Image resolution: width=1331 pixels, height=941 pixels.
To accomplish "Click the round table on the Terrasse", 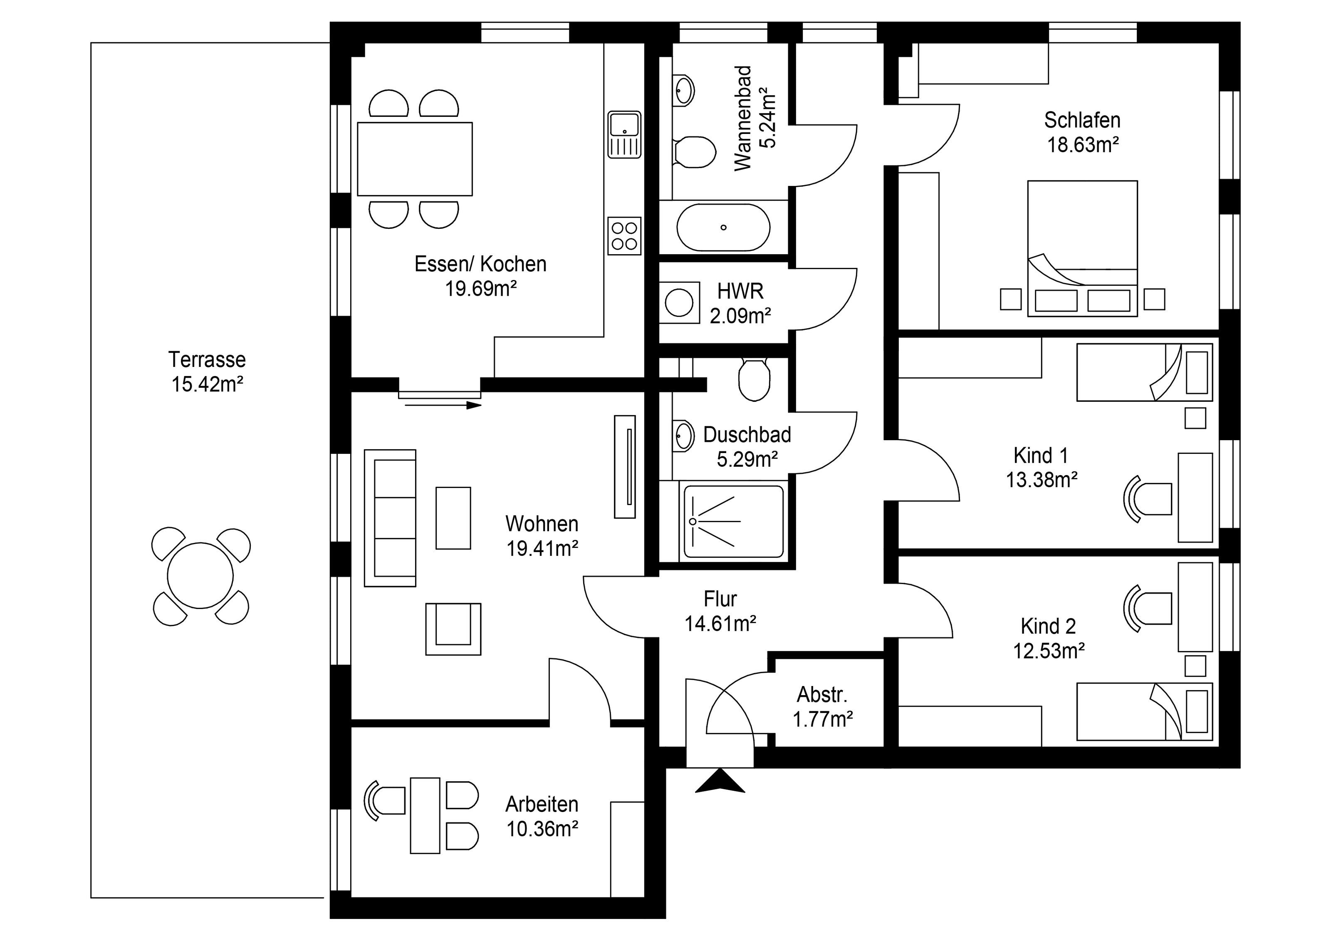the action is (200, 576).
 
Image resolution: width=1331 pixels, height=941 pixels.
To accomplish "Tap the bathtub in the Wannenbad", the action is (723, 227).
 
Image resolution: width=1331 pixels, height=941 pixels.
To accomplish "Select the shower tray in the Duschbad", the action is (733, 521).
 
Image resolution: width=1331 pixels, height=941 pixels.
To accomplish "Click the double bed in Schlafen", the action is (1082, 249).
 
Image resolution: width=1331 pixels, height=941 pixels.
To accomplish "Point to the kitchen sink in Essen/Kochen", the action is (624, 134).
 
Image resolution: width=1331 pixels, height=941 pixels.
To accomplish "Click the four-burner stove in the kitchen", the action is (624, 235).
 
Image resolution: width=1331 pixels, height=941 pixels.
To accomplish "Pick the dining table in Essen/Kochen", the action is (415, 159).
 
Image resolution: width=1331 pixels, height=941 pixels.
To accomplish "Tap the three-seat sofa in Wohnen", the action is (390, 518).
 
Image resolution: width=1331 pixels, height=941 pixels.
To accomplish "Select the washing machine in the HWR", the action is (679, 302).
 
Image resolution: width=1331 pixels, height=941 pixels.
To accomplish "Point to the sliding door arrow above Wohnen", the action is (443, 405).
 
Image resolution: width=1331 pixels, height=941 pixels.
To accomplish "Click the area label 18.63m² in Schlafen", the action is (1082, 144).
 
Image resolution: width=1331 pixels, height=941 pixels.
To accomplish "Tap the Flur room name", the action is (720, 598).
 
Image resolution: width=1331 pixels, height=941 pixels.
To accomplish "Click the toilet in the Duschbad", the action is (754, 380).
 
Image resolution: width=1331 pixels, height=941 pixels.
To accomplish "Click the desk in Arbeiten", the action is (425, 815).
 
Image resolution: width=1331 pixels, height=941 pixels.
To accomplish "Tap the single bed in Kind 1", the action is (1144, 372).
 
